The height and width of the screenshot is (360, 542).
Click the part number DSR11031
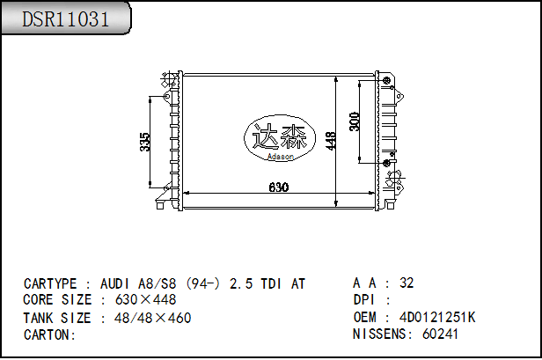[66, 19]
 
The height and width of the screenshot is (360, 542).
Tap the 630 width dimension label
[278, 187]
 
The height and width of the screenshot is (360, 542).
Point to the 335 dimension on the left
[146, 141]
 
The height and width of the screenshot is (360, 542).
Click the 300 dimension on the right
[355, 121]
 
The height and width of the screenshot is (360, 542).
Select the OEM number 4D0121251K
[437, 317]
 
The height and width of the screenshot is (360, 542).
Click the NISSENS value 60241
[441, 334]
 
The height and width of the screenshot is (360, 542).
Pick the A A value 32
[406, 283]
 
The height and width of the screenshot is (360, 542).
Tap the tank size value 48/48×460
[152, 318]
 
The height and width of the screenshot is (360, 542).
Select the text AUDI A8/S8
[137, 283]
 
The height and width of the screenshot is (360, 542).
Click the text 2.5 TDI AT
[267, 283]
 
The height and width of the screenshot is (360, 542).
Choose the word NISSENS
[381, 334]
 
